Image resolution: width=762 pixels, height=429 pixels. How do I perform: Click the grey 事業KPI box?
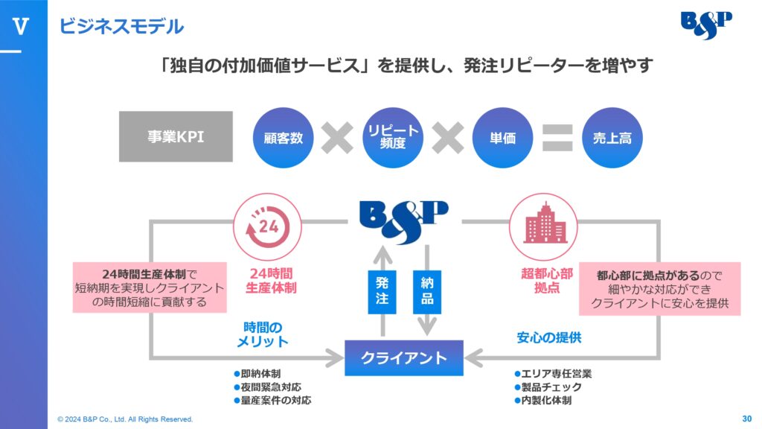pos(176,136)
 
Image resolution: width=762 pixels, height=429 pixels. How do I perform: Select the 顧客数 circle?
pos(283,138)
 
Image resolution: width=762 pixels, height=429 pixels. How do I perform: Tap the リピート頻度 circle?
pos(393,138)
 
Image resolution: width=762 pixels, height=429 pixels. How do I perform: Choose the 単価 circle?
pos(502,138)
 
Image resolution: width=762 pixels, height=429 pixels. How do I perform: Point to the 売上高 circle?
pos(612,138)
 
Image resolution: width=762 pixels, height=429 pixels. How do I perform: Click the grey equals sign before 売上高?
pos(557,138)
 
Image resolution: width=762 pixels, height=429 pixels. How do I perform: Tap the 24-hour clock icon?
pos(267,226)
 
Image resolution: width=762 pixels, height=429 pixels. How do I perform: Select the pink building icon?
pos(543,226)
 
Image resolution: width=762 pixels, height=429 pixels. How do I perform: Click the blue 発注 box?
pos(382,292)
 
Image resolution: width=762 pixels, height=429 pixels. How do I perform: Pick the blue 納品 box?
pos(427,292)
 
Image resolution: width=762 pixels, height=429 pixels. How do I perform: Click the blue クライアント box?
pos(404,358)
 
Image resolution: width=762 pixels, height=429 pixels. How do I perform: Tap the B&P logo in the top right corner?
pos(706,25)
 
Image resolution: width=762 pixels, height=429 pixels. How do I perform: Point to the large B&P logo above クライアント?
pos(404,222)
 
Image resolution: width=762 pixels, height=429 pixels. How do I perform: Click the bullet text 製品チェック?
pos(548,387)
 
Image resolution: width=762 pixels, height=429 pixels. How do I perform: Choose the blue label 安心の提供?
pos(549,337)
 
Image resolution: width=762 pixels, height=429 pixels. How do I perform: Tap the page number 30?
pos(747,419)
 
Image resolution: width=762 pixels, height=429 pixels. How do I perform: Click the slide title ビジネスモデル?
pos(121,26)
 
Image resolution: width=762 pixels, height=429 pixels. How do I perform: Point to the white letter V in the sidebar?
pos(20,26)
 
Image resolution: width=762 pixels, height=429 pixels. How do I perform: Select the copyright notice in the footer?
pos(125,419)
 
